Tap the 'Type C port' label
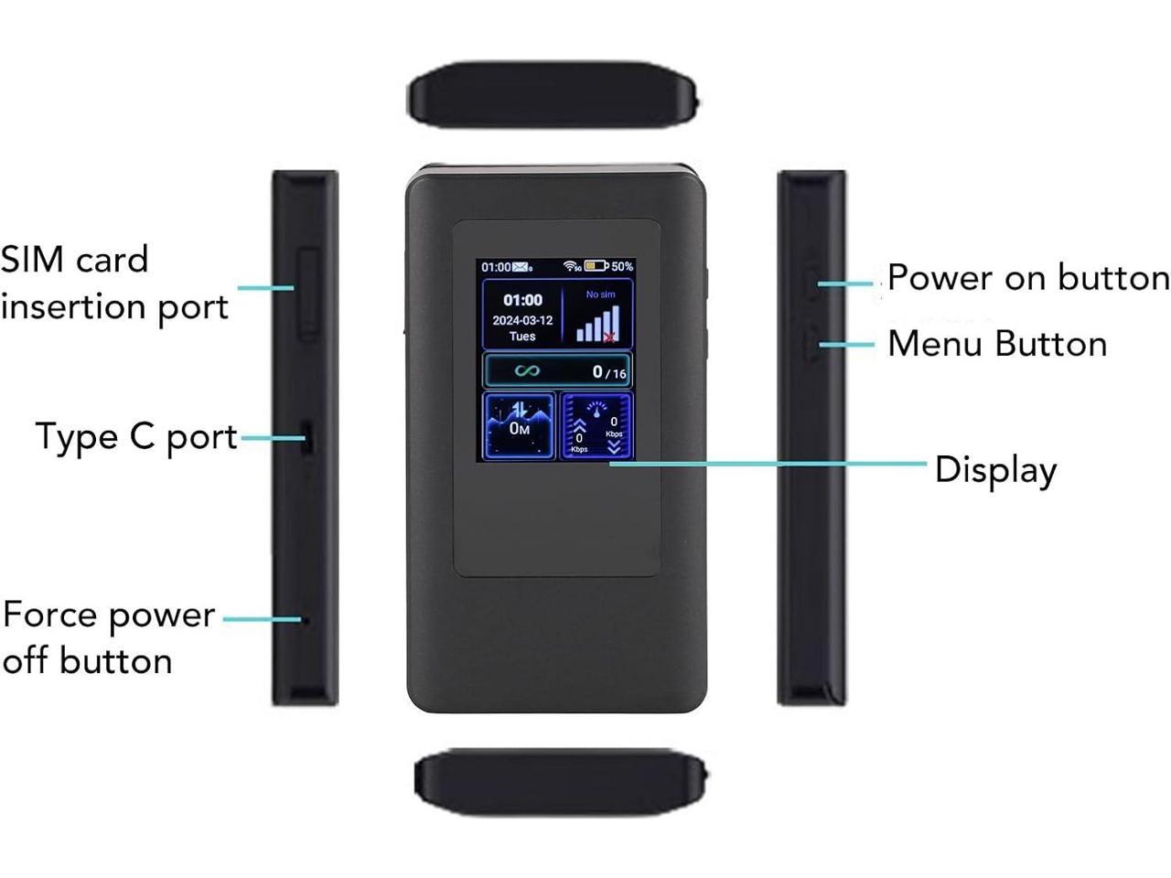click(x=135, y=437)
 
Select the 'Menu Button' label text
click(x=996, y=344)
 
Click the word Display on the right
click(x=995, y=470)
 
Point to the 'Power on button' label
click(x=1027, y=278)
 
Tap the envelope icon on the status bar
click(x=521, y=267)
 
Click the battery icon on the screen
click(x=596, y=266)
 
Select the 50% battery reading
click(x=622, y=266)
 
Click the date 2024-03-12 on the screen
click(x=522, y=320)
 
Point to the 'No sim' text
click(x=601, y=294)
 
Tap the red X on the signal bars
click(x=609, y=337)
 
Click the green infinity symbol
click(x=526, y=370)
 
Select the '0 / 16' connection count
click(x=609, y=371)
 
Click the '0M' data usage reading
click(x=519, y=428)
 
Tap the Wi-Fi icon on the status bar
click(x=570, y=266)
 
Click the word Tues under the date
click(x=522, y=337)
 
